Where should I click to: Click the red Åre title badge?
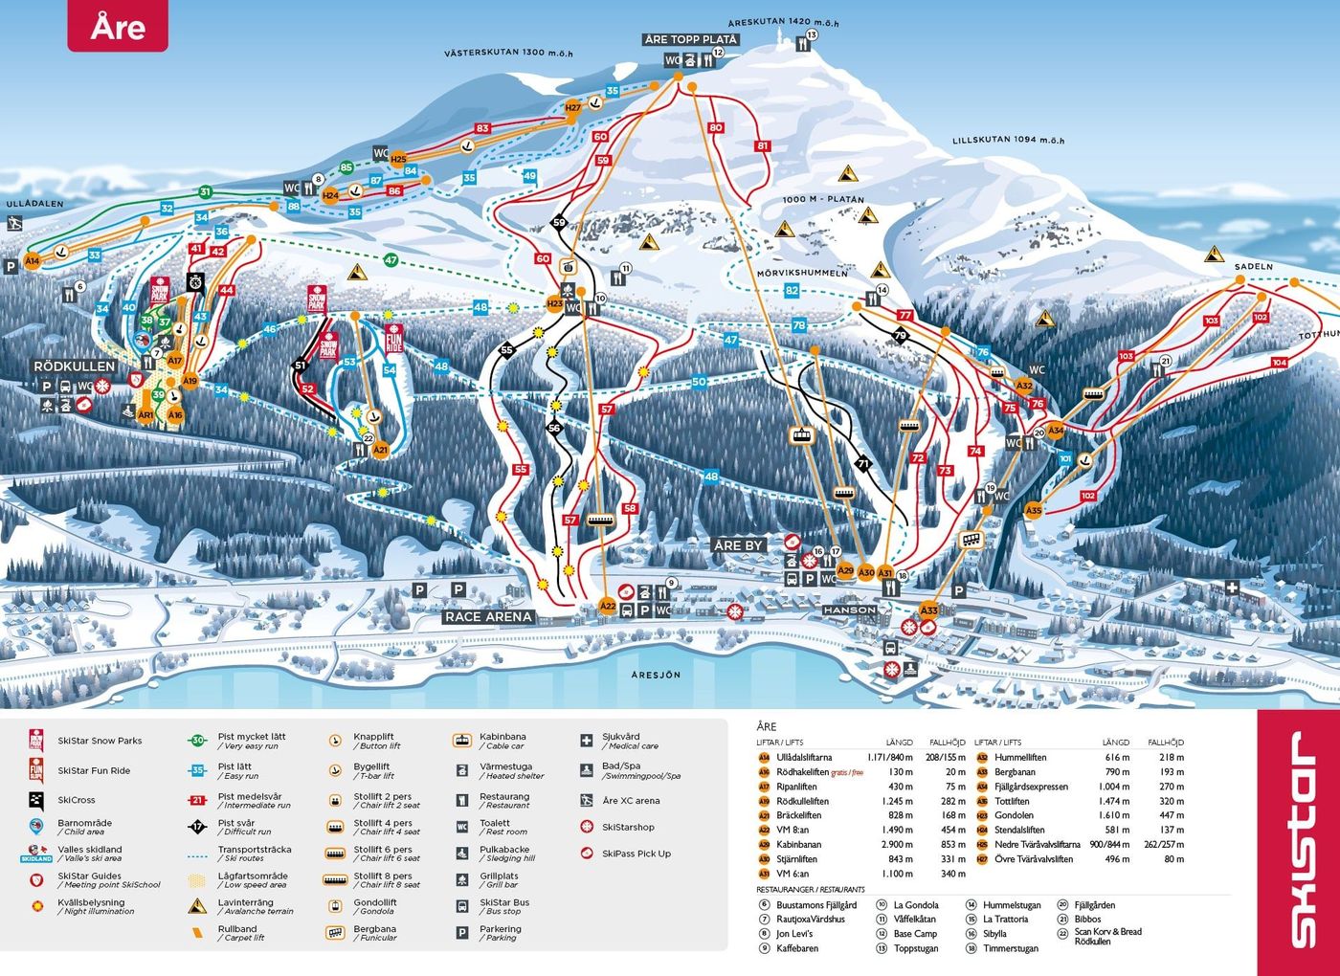pos(117,26)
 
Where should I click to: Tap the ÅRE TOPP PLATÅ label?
pos(690,39)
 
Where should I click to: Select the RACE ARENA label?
pos(488,617)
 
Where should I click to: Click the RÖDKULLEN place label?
pos(74,366)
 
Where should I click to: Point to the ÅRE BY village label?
pos(738,545)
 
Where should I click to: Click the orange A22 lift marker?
pos(608,606)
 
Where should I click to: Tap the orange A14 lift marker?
pos(33,260)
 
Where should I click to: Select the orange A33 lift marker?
pos(928,610)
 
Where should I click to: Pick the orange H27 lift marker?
pos(572,108)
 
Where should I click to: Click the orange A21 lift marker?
pos(381,450)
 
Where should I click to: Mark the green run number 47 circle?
pos(391,260)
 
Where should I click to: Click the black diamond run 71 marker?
pos(863,463)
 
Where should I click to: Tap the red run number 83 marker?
pos(482,128)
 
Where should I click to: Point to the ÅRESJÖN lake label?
pos(656,675)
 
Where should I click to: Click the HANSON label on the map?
pos(849,610)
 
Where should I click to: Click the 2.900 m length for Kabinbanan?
pos(897,845)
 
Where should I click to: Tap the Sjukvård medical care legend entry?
pos(621,741)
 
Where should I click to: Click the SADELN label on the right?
pos(1253,267)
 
